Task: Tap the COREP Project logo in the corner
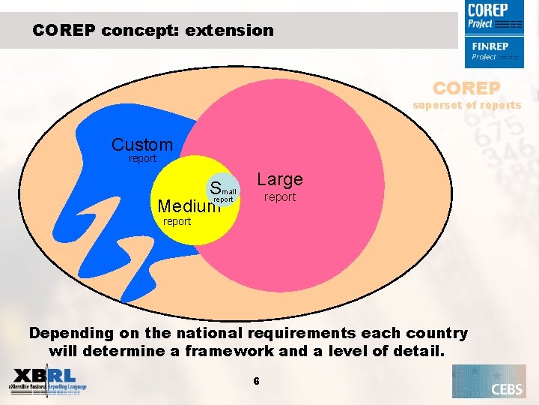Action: pos(493,17)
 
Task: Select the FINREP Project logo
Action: pos(493,51)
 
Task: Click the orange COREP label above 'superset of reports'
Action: pos(466,88)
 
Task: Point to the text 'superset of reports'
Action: pos(466,105)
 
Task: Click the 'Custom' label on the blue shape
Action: pos(141,144)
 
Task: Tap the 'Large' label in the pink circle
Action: pos(280,179)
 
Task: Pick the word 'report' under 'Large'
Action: pos(280,197)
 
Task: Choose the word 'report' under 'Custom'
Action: pos(142,158)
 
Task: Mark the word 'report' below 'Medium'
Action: pos(177,221)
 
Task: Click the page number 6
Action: pos(256,381)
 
